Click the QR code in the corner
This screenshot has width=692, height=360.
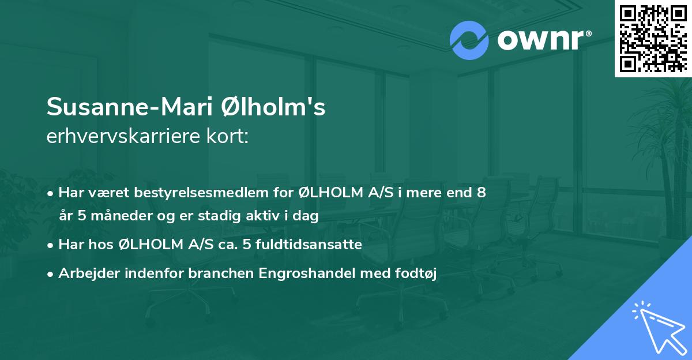click(x=653, y=38)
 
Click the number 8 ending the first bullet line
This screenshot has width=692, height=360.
click(x=481, y=193)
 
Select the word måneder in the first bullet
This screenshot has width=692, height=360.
click(x=110, y=216)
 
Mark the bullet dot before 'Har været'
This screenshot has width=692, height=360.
click(x=51, y=193)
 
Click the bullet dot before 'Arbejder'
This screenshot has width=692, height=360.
click(x=51, y=274)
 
